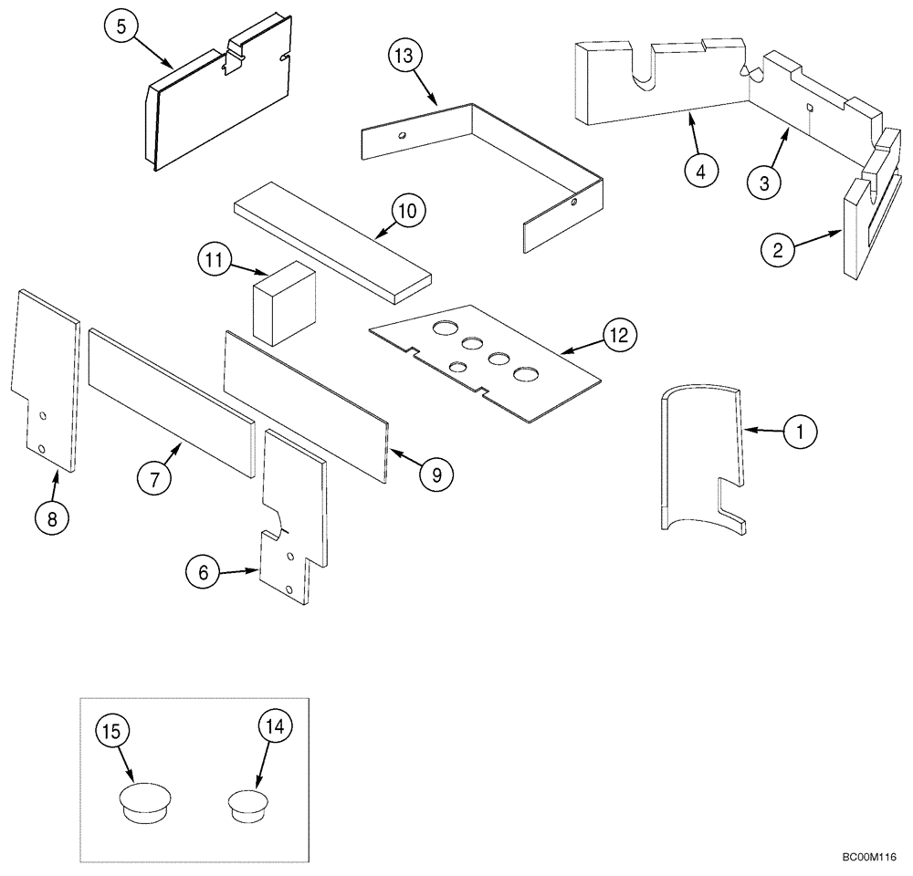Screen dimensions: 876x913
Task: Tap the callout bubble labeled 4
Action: click(699, 171)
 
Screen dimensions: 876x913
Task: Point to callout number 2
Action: click(777, 249)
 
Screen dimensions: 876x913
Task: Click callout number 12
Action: click(618, 335)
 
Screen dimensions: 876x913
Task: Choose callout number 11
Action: click(214, 261)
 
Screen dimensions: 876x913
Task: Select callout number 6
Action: click(203, 573)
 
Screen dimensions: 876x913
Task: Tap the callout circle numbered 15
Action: click(117, 731)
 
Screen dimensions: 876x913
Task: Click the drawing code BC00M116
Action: click(870, 858)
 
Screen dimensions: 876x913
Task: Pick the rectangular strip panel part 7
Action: click(171, 402)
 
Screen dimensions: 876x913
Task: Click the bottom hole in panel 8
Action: click(42, 448)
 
